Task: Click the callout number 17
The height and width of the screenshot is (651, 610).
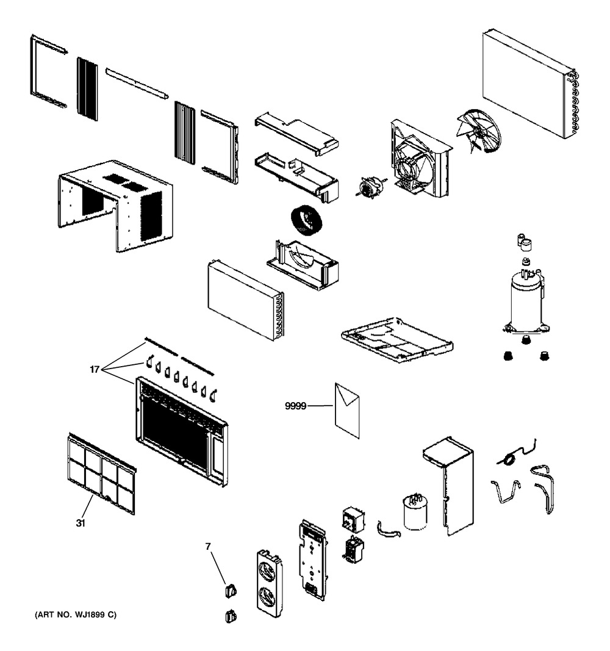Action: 95,369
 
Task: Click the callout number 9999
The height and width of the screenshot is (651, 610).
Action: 295,406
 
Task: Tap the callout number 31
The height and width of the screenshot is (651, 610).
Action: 81,523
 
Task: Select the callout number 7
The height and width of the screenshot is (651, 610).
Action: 208,547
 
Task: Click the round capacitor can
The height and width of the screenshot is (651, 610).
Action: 415,512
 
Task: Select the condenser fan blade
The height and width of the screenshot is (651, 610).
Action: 478,131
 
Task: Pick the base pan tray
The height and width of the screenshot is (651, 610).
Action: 396,340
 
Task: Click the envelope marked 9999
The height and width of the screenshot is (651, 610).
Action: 347,410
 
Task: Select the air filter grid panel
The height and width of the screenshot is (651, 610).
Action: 101,473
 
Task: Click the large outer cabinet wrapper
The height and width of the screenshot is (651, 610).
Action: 115,206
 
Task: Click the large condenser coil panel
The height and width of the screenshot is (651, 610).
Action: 530,84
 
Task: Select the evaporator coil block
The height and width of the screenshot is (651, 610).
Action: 246,300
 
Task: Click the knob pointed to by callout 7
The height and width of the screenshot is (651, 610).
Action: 231,590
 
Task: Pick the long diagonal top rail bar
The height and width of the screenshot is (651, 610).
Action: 137,84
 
